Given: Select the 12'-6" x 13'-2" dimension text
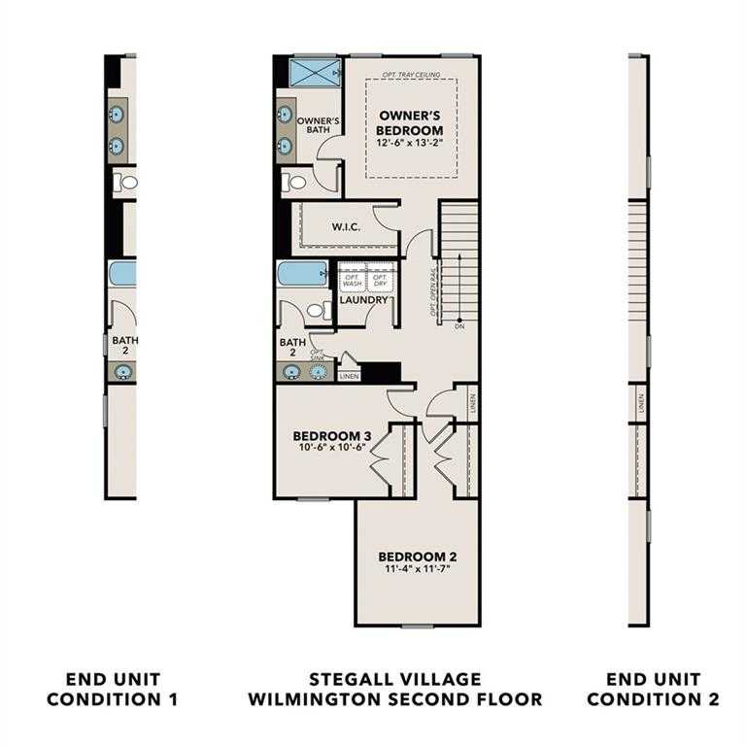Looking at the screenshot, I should (x=410, y=143).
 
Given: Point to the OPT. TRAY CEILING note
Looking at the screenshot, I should (x=412, y=75).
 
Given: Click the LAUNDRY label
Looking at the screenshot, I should (x=363, y=300).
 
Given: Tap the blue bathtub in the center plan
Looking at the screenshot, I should (x=302, y=273).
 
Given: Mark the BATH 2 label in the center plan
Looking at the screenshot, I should (x=292, y=348).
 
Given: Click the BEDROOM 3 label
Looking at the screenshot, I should (x=332, y=436).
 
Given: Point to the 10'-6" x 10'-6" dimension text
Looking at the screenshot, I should (x=332, y=448).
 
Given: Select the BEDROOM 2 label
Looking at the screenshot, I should (x=417, y=557).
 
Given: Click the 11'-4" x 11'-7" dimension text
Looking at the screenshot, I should (x=417, y=568).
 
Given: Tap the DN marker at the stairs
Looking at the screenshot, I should (x=458, y=327).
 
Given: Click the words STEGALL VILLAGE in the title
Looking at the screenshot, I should (x=394, y=679).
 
